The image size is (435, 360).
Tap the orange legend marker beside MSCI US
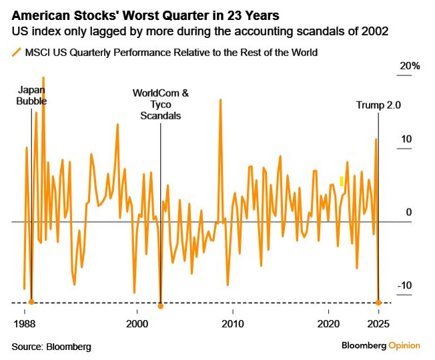(x=15, y=51)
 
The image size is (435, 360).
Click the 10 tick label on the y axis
(x=406, y=139)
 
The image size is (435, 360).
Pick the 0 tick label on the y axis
(x=409, y=213)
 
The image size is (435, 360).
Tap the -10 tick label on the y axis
(x=405, y=285)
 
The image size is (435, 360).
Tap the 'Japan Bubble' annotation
(x=32, y=95)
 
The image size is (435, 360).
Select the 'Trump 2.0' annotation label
(x=378, y=105)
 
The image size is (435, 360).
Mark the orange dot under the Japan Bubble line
(x=31, y=302)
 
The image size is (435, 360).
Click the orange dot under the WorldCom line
(x=160, y=306)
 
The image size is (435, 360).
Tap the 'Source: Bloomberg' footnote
(x=51, y=347)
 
